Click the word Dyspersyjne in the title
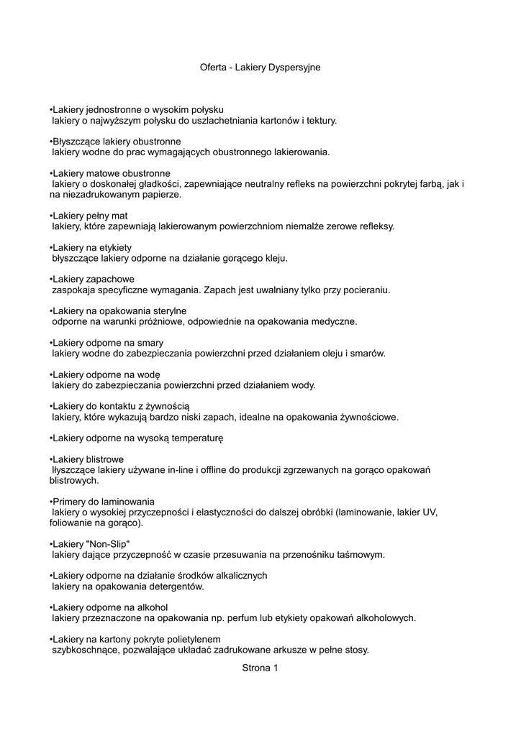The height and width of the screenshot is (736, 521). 294,67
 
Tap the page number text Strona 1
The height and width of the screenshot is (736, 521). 260,668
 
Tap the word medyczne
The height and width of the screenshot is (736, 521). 331,321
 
